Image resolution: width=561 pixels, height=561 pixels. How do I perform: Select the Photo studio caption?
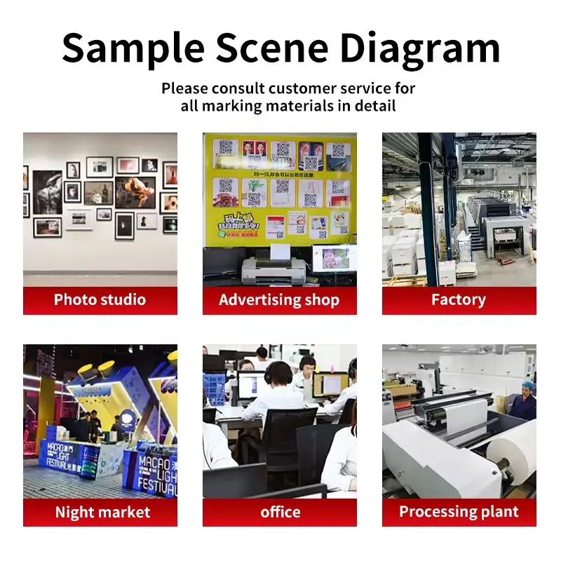[x=100, y=300]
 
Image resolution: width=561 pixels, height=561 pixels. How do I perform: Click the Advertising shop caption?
[x=279, y=300]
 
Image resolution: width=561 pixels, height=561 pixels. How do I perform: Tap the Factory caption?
[x=459, y=300]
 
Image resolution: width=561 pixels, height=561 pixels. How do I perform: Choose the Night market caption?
[x=102, y=513]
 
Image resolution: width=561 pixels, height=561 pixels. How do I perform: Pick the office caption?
[x=280, y=513]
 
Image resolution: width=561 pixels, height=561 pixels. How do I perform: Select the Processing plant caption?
[x=459, y=512]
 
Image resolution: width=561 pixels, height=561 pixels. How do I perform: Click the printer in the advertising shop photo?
[x=273, y=269]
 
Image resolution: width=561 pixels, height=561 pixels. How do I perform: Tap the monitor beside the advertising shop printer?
[x=334, y=258]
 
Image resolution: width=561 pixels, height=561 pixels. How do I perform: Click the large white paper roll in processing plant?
[x=515, y=460]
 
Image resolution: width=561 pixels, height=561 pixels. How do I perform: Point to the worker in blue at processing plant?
[x=523, y=403]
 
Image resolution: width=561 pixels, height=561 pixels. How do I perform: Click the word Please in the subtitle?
[x=184, y=89]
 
